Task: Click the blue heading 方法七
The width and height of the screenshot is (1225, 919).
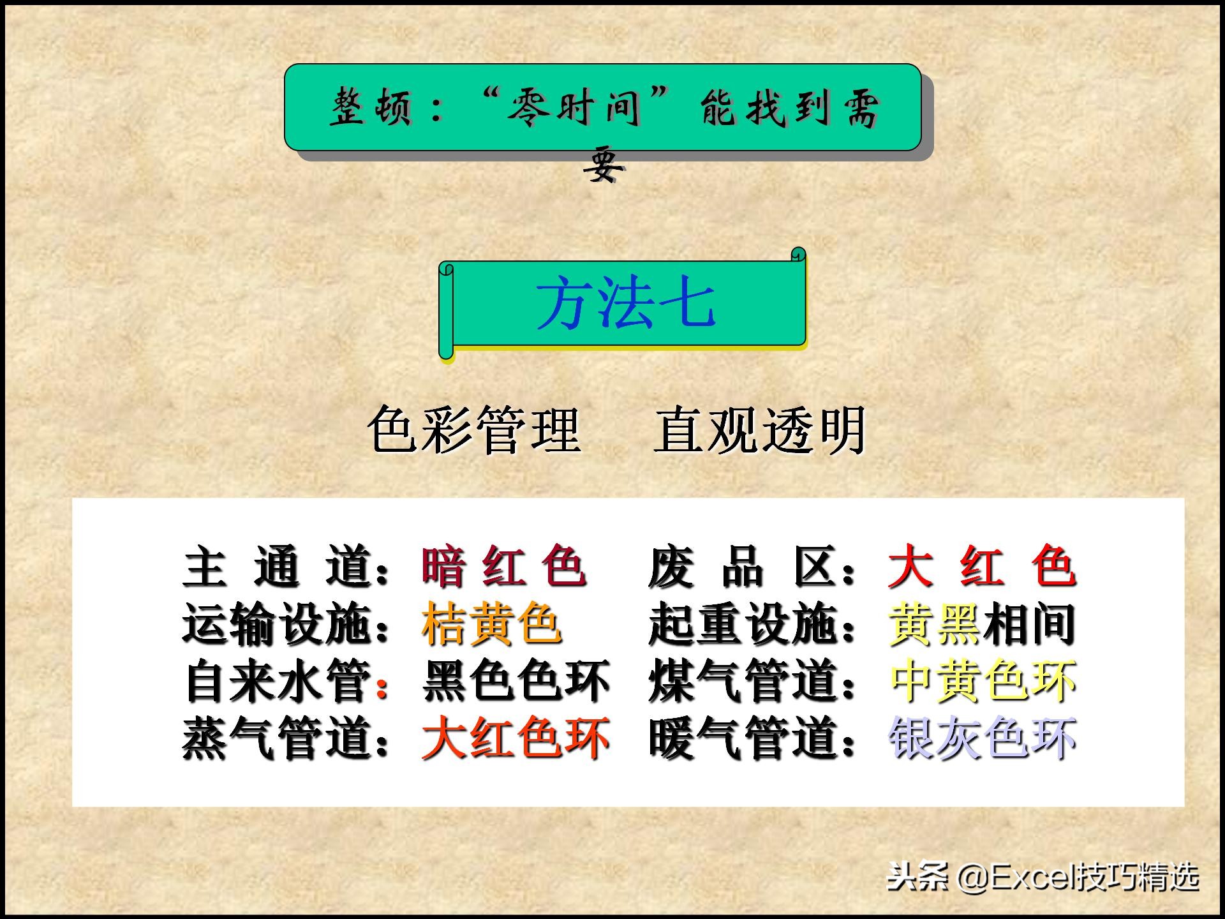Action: pos(625,304)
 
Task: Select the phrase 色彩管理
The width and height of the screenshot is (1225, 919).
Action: pos(474,430)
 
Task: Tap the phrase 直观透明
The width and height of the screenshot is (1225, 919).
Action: pos(760,430)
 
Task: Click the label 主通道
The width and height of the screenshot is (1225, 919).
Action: pos(278,567)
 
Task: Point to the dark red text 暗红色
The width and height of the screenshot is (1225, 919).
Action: pos(503,567)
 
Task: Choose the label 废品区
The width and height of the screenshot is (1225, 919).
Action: pos(743,567)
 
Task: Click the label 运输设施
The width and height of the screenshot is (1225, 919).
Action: pos(278,624)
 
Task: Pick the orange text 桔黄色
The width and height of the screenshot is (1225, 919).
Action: pos(491,624)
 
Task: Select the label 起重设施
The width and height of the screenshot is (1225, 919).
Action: pos(743,624)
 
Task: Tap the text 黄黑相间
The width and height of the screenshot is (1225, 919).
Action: pos(983,624)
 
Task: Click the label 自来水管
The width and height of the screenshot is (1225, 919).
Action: pos(278,681)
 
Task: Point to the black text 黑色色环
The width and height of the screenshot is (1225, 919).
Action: pos(516,681)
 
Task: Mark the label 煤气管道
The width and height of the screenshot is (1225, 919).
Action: pos(743,681)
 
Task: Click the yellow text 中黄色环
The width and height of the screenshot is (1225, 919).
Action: pos(983,681)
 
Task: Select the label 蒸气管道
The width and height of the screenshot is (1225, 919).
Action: pos(278,738)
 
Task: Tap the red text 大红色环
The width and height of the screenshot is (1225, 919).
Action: pos(516,738)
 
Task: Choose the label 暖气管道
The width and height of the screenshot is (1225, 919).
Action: pos(743,738)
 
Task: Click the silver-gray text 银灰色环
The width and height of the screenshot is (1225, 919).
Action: pos(983,738)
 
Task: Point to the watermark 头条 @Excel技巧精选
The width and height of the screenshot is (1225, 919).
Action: pos(1043,878)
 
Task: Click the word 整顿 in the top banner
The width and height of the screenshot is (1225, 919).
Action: pos(370,107)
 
